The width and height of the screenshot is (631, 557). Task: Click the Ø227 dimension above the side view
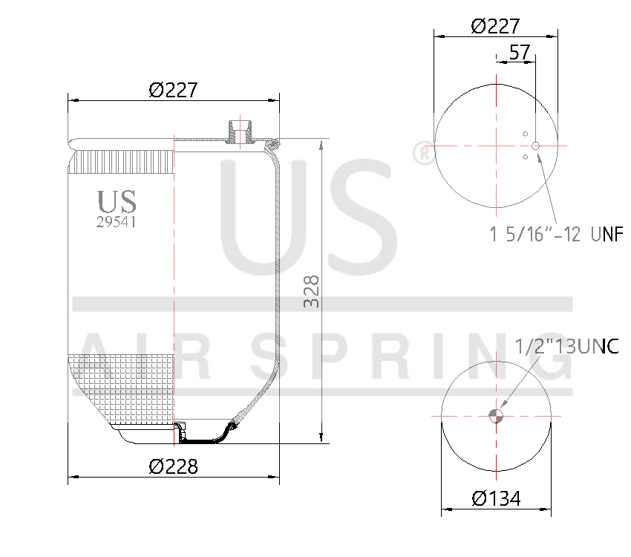point(173,90)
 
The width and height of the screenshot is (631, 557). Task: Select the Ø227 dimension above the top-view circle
point(495,26)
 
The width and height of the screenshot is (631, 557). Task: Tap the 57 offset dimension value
point(520,53)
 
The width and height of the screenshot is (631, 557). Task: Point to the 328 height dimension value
point(313,291)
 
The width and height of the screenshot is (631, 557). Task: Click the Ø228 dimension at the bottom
point(173,466)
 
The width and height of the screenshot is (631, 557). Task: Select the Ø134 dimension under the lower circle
point(496,498)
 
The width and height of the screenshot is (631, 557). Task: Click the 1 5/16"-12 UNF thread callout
point(555,235)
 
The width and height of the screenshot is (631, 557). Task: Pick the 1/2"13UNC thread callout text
point(567,346)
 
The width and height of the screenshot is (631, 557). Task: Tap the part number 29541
point(117,221)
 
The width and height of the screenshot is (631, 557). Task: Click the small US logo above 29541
point(117,201)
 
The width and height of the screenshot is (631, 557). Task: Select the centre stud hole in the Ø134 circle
point(496,415)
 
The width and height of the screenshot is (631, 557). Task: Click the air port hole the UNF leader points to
point(535,146)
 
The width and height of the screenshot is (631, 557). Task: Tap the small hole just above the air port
point(525,134)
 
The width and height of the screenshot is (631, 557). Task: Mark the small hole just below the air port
point(525,157)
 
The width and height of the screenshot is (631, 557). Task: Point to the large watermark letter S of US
point(349,215)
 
